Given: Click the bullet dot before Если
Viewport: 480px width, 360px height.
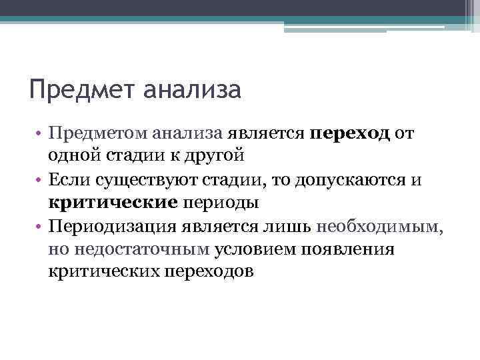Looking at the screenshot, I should (x=40, y=180).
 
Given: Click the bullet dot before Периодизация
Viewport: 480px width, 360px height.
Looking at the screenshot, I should (x=40, y=227).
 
